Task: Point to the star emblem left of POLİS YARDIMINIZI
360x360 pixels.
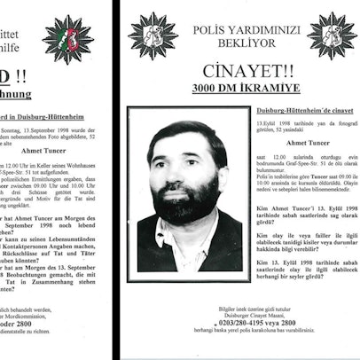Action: [153, 35]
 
